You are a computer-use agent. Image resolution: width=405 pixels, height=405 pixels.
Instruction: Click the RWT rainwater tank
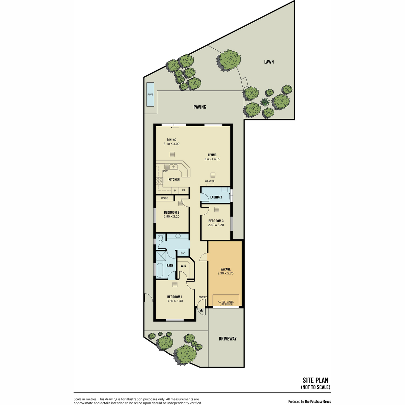(x=150, y=94)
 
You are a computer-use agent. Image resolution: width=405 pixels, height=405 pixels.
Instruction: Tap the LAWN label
(x=269, y=62)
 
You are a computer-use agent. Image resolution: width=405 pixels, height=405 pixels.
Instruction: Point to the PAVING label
(x=200, y=107)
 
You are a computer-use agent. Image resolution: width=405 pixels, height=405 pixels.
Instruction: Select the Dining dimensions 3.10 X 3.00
(x=171, y=144)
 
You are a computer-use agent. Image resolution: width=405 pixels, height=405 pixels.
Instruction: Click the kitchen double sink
(x=171, y=167)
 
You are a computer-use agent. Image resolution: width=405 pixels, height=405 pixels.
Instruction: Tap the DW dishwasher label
(x=165, y=171)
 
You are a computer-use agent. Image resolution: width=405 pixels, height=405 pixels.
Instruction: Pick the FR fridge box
(x=184, y=190)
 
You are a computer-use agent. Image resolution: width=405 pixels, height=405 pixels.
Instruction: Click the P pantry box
(x=175, y=190)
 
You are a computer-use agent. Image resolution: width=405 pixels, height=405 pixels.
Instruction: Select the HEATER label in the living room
(x=210, y=181)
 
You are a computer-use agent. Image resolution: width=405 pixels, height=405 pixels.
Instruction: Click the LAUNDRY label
(x=216, y=197)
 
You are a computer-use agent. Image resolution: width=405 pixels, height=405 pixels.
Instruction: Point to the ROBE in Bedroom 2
(x=165, y=198)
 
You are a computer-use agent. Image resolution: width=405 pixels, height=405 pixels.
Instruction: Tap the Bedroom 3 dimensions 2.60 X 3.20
(x=216, y=225)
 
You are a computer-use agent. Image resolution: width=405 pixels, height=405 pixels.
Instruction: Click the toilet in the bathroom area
(x=161, y=238)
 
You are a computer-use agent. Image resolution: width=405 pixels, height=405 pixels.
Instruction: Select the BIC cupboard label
(x=183, y=253)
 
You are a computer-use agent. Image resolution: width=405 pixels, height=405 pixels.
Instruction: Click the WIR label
(x=183, y=266)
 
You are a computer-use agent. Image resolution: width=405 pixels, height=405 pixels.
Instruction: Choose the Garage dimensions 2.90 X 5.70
(x=225, y=273)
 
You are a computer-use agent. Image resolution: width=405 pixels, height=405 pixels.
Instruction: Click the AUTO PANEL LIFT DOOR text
(x=226, y=303)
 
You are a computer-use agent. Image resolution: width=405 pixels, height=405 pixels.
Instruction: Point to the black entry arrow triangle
(x=201, y=310)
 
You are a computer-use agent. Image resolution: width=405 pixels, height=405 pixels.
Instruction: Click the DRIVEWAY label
(x=227, y=339)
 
